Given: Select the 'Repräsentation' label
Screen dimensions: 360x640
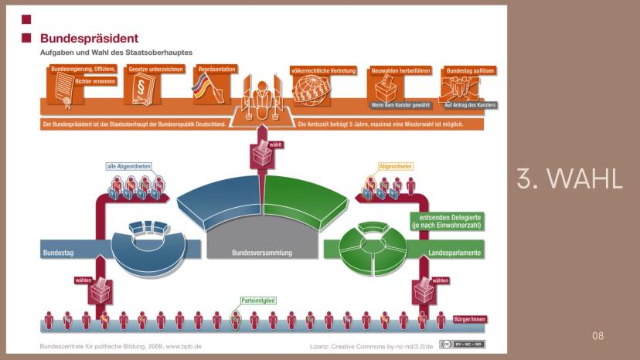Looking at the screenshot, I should pyautogui.click(x=219, y=70).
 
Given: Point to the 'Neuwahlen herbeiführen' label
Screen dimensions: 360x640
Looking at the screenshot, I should pyautogui.click(x=398, y=70).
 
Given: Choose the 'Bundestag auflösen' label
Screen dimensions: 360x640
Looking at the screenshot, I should pyautogui.click(x=470, y=70).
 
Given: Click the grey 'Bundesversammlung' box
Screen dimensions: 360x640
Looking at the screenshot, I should pyautogui.click(x=261, y=253).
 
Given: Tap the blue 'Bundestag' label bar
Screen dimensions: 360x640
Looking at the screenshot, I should pyautogui.click(x=60, y=253).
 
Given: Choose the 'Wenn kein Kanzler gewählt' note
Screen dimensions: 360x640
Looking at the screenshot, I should pyautogui.click(x=400, y=104).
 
